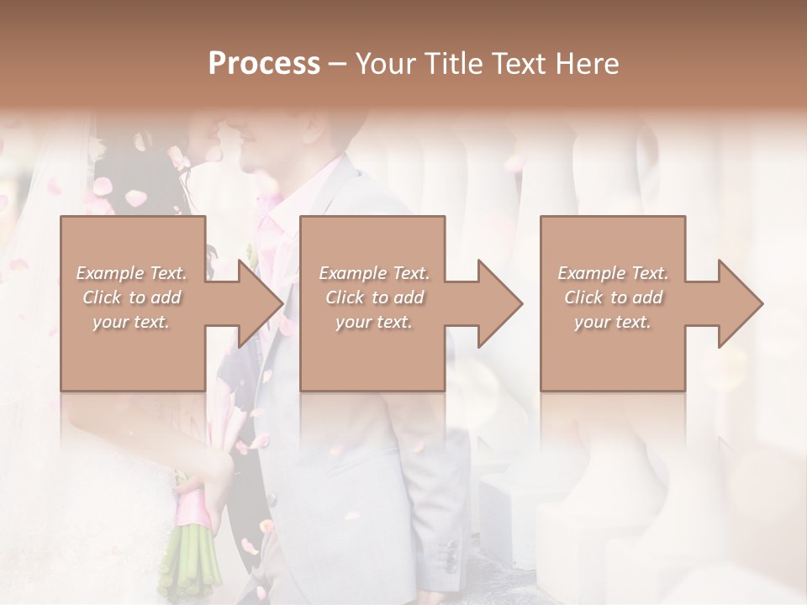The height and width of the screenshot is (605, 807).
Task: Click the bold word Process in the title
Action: coord(264,64)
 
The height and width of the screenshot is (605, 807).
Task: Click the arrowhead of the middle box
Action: coord(498,303)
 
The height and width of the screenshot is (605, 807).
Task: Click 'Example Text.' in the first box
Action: coord(132,273)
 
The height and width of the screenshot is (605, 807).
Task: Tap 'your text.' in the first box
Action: coord(132,322)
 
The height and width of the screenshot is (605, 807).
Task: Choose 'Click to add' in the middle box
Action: coord(374,297)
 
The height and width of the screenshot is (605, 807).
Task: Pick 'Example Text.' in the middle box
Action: coord(374,273)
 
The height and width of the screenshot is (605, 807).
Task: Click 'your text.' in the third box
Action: coord(613,322)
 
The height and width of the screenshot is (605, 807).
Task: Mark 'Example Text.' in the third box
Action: coord(613,273)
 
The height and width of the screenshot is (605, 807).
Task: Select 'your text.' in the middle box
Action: coord(374,322)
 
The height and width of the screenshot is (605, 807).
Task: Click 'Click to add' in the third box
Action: coord(613,297)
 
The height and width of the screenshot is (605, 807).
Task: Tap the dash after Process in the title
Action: coord(338,64)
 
